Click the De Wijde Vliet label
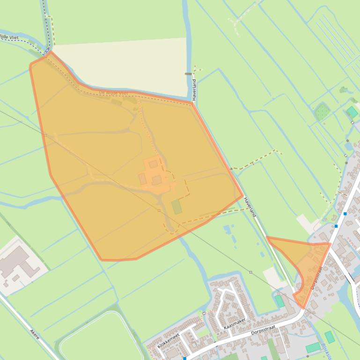point(113,93)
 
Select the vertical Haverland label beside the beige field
point(194,89)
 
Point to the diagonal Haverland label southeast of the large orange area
point(250,206)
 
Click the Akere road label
point(35,335)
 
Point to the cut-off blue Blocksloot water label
point(326,351)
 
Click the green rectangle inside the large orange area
point(176,207)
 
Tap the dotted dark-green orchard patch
point(322,112)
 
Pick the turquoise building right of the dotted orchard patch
point(352,112)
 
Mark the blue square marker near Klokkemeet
point(185,358)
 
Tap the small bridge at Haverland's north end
point(189,74)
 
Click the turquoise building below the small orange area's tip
point(279,301)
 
